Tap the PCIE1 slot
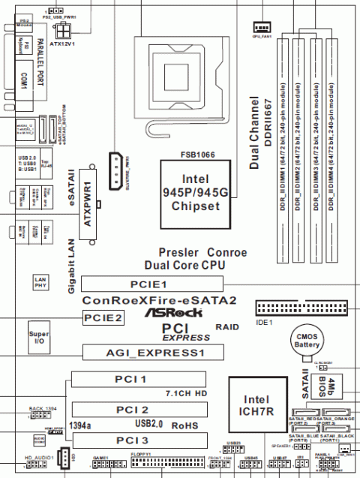tap(151, 284)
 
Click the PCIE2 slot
tap(103, 317)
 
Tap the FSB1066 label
tap(193, 153)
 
